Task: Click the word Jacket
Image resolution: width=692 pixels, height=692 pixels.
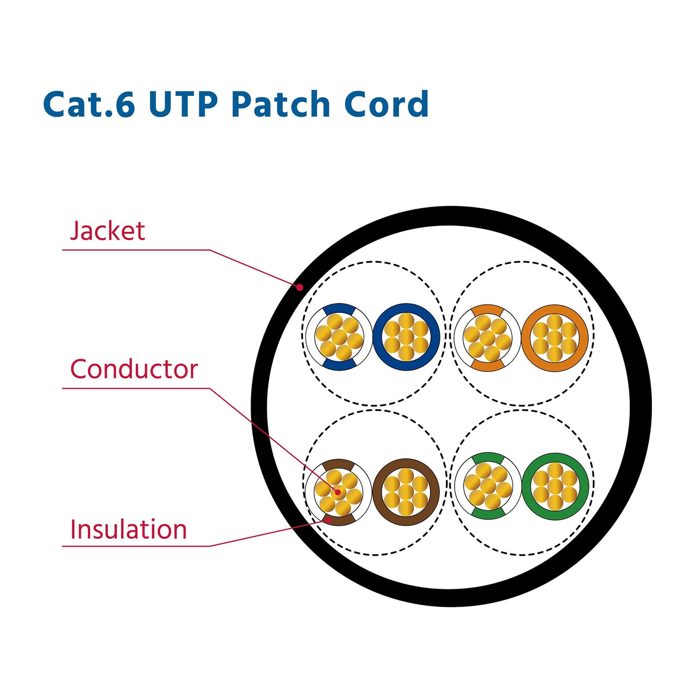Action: pyautogui.click(x=107, y=231)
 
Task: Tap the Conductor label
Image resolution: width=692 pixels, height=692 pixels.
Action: pyautogui.click(x=133, y=369)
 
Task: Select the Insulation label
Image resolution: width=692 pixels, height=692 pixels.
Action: pyautogui.click(x=129, y=529)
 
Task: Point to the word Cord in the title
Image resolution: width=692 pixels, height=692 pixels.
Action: pyautogui.click(x=386, y=104)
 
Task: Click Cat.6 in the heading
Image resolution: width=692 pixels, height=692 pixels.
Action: pyautogui.click(x=89, y=104)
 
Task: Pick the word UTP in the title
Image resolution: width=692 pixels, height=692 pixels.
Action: pyautogui.click(x=183, y=104)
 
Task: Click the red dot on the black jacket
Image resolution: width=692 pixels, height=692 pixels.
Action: pyautogui.click(x=300, y=287)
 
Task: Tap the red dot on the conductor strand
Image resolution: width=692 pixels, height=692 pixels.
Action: pyautogui.click(x=338, y=492)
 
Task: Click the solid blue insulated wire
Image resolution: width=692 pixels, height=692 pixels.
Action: pyautogui.click(x=406, y=337)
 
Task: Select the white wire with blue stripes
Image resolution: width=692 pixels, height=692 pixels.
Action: pyautogui.click(x=339, y=337)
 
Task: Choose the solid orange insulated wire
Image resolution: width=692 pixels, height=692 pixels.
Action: pyautogui.click(x=555, y=338)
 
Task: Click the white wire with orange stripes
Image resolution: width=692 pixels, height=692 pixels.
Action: pyautogui.click(x=487, y=338)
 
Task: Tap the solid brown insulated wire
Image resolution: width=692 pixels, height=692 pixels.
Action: pyautogui.click(x=406, y=492)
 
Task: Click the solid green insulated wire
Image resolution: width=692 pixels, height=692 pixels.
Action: pyautogui.click(x=555, y=486)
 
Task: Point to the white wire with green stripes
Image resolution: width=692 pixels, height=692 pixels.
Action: pyautogui.click(x=488, y=486)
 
